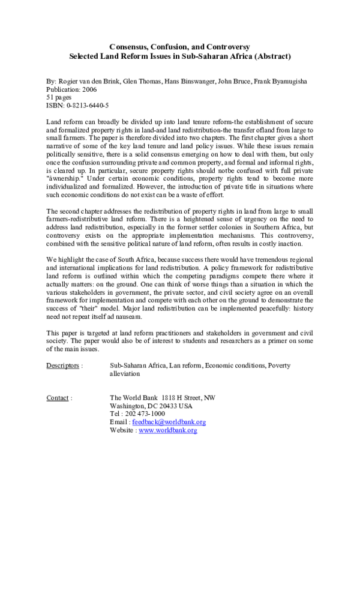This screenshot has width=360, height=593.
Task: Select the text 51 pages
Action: [x=59, y=97]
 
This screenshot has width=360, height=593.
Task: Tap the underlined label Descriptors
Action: [x=62, y=365]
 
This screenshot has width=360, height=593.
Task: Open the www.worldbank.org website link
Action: [x=168, y=430]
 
